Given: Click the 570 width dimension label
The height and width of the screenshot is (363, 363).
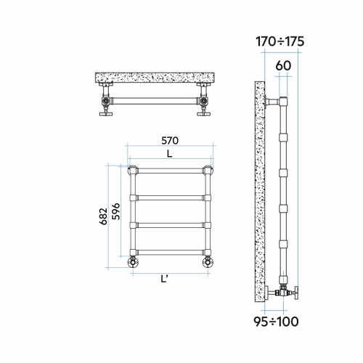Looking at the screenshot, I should pyautogui.click(x=171, y=140).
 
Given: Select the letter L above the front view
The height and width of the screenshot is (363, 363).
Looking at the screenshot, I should pyautogui.click(x=171, y=155).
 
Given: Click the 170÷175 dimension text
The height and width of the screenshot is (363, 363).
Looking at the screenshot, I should pyautogui.click(x=280, y=41).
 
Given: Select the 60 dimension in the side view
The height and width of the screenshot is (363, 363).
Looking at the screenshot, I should pyautogui.click(x=285, y=65).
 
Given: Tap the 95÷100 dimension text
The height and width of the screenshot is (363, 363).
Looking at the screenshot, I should pyautogui.click(x=280, y=320).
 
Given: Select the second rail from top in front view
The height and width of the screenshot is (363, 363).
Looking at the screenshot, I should pyautogui.click(x=171, y=197).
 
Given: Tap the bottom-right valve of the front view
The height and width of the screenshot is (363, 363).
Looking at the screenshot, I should pyautogui.click(x=210, y=261).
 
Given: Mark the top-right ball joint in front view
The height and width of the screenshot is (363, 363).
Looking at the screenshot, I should pyautogui.click(x=210, y=171).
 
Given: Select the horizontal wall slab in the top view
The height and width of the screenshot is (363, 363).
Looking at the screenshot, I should pyautogui.click(x=156, y=77).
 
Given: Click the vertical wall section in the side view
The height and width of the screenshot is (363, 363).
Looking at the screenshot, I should pyautogui.click(x=258, y=189).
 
